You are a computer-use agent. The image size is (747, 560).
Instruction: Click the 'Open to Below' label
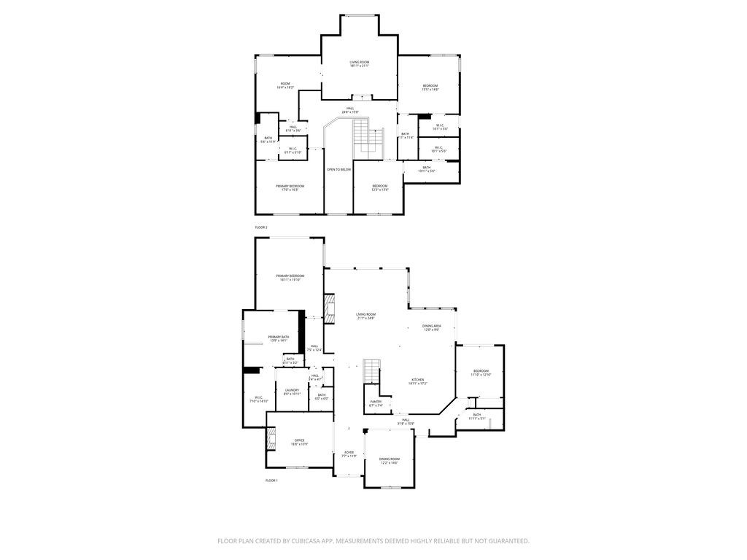338,169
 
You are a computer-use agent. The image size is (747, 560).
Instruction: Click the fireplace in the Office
271,440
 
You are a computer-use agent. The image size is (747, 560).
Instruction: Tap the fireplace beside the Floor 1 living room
329,310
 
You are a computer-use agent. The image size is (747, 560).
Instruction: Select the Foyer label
349,454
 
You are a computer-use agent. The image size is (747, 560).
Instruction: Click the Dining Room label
390,460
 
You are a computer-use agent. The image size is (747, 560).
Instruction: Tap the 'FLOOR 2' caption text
261,227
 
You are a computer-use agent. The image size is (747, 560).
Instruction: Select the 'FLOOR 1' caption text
271,481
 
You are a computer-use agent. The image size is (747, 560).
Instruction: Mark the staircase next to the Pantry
372,371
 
